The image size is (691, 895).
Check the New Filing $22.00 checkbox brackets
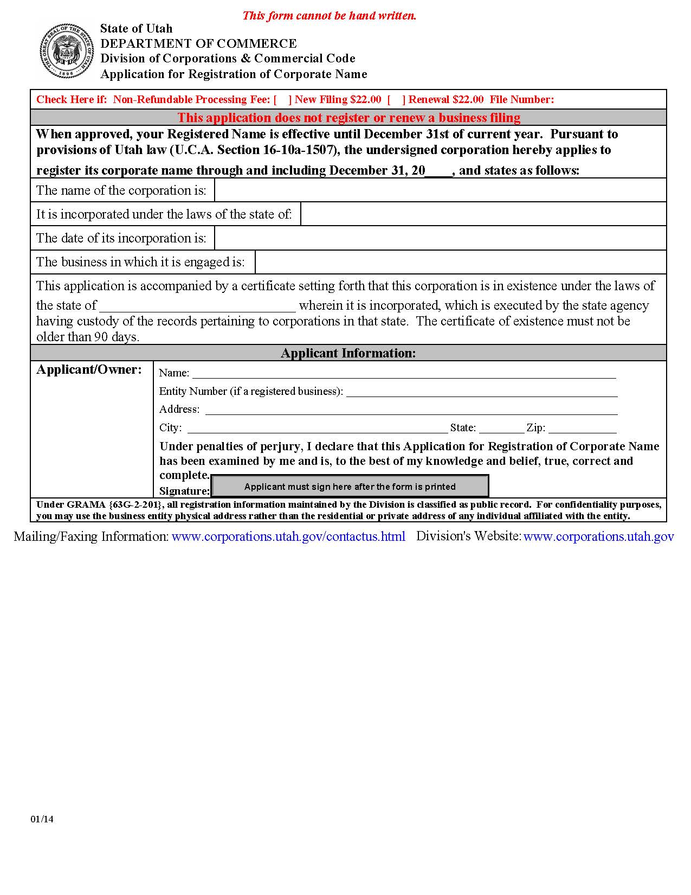coord(282,99)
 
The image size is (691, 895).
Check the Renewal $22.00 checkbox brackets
coord(396,99)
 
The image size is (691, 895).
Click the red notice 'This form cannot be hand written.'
coord(329,15)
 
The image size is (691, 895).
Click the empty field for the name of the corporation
coord(440,190)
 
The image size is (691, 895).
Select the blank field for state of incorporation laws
coord(483,214)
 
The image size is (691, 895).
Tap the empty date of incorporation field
coord(440,238)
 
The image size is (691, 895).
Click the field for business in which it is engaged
coord(460,262)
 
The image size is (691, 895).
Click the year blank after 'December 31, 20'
coord(438,171)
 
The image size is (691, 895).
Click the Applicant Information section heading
coord(348,353)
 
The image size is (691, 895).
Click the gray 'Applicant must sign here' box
coord(350,486)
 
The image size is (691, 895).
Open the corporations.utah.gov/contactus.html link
coord(288,536)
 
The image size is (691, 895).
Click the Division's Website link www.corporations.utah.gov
coord(598,536)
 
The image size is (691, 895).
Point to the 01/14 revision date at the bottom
coord(42,819)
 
